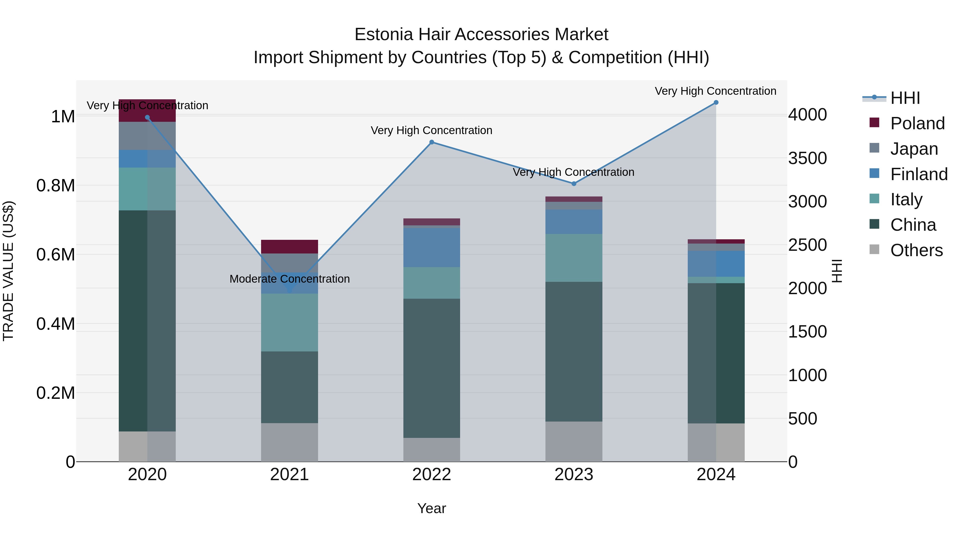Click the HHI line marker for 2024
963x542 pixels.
(716, 103)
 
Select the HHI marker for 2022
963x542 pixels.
(432, 142)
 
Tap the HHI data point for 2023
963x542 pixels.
(574, 184)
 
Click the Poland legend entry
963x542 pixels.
(917, 123)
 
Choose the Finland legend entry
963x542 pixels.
(919, 174)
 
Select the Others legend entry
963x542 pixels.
(916, 250)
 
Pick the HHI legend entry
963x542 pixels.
(905, 98)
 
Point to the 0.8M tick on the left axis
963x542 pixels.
(55, 185)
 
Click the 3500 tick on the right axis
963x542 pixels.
(808, 158)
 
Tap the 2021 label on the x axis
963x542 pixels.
(289, 475)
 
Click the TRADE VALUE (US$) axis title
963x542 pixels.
(8, 271)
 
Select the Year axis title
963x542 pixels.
(431, 508)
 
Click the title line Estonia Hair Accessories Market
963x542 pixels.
(481, 35)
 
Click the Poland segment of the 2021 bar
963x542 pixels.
(289, 247)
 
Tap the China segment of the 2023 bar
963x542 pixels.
(574, 352)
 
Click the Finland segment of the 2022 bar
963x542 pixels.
(432, 247)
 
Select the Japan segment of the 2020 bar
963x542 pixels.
(147, 136)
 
